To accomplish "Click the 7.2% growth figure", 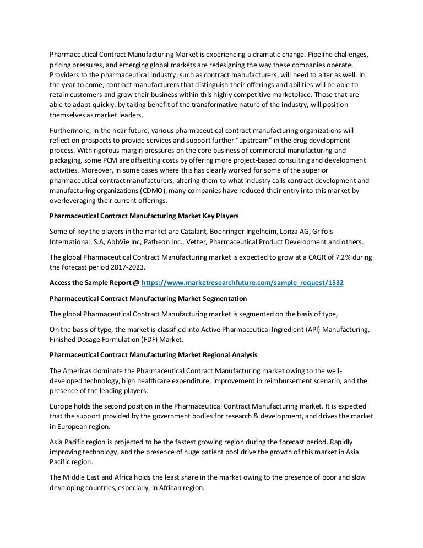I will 332,256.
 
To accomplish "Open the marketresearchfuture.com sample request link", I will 243,282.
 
